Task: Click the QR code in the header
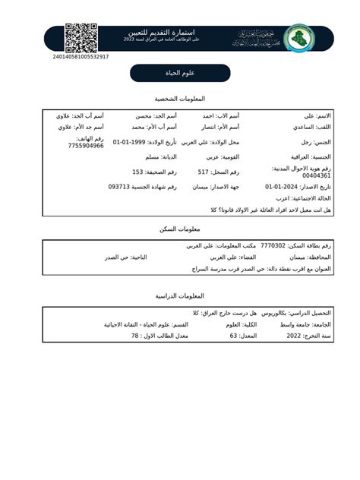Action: point(81,38)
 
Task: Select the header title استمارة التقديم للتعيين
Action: point(179,33)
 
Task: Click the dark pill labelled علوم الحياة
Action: point(179,73)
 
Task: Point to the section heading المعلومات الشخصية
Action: point(179,99)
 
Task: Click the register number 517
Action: point(203,172)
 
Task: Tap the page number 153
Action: point(137,172)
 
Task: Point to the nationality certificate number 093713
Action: point(122,186)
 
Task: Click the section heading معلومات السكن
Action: point(179,229)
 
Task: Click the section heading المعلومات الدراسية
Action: point(179,295)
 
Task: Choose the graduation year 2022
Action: point(294,335)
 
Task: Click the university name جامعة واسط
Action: point(293,324)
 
